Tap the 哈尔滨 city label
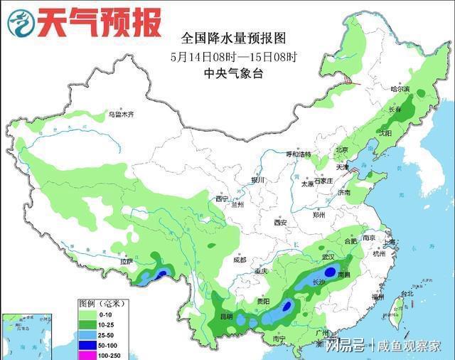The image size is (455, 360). (401, 89)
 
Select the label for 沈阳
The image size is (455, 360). (385, 133)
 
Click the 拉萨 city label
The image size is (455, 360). (127, 262)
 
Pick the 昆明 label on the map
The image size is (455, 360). (225, 315)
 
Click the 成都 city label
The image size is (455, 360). (240, 260)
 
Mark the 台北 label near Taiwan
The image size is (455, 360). (406, 293)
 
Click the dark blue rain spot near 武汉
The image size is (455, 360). (330, 272)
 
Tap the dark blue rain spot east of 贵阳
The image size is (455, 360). (287, 307)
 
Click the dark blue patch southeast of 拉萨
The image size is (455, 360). (162, 273)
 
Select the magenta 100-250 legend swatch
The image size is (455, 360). (88, 354)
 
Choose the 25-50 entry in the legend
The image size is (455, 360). (88, 333)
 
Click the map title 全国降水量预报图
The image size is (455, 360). (223, 37)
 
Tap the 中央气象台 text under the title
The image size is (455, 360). (223, 73)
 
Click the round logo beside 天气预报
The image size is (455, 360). (21, 23)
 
